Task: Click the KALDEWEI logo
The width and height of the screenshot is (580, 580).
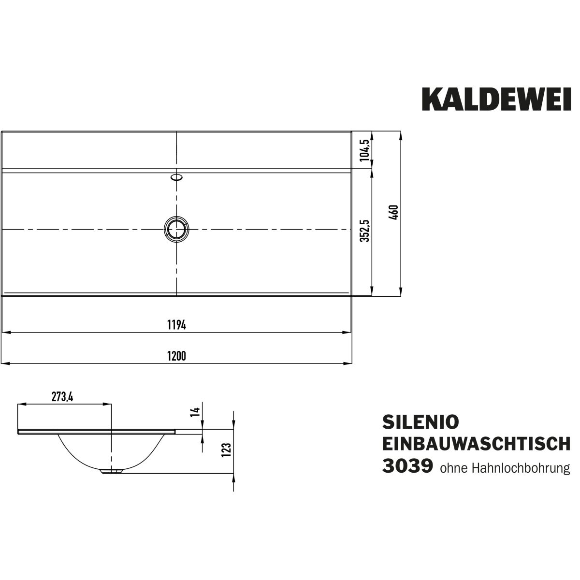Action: coord(496,100)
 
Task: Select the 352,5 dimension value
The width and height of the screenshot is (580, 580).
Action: coord(365,231)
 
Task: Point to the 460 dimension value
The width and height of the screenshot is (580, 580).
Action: coord(394,212)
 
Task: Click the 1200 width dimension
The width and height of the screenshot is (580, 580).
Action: coord(177,356)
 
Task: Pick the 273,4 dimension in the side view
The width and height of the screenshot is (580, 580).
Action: coord(62,397)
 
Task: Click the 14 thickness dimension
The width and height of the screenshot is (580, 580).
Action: coord(195,411)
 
